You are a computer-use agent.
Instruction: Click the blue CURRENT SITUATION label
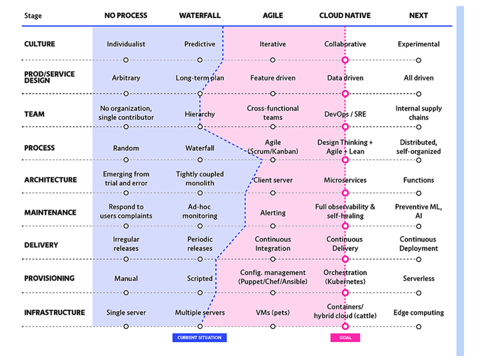click(199, 337)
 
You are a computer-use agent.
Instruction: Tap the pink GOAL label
click(345, 337)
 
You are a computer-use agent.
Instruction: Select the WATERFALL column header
click(200, 15)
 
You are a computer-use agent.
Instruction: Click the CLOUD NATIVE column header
click(345, 15)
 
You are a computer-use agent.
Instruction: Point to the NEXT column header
click(418, 15)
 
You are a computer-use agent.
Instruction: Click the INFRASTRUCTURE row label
click(55, 312)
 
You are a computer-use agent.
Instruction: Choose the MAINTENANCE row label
click(50, 212)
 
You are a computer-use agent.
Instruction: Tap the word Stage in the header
click(33, 15)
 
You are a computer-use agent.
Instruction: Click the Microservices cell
click(345, 180)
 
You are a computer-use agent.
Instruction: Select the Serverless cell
click(418, 278)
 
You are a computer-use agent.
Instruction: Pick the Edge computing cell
click(418, 312)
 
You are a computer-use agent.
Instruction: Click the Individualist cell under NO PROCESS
click(126, 44)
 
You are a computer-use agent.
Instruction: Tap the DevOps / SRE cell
click(345, 114)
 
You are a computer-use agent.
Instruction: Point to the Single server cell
click(126, 312)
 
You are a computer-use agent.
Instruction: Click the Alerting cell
click(273, 213)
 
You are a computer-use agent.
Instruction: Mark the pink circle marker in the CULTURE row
click(345, 60)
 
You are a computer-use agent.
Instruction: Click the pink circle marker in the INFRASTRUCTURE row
click(345, 326)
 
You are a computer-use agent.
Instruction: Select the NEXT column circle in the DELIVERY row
click(418, 260)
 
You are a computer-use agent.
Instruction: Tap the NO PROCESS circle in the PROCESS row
click(126, 160)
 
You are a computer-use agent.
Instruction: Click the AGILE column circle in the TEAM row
click(272, 127)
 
